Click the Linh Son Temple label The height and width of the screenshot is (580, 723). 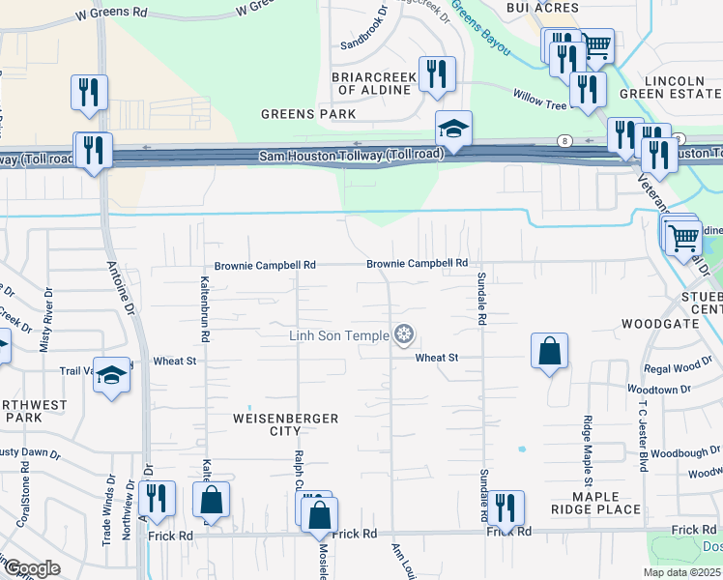340,335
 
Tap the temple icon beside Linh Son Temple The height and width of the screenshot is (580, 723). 405,335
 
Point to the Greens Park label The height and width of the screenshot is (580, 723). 308,114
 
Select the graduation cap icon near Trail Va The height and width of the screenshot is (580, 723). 112,375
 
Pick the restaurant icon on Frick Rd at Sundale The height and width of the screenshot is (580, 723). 506,507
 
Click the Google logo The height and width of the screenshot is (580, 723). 32,568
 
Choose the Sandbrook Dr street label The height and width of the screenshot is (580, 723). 363,29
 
